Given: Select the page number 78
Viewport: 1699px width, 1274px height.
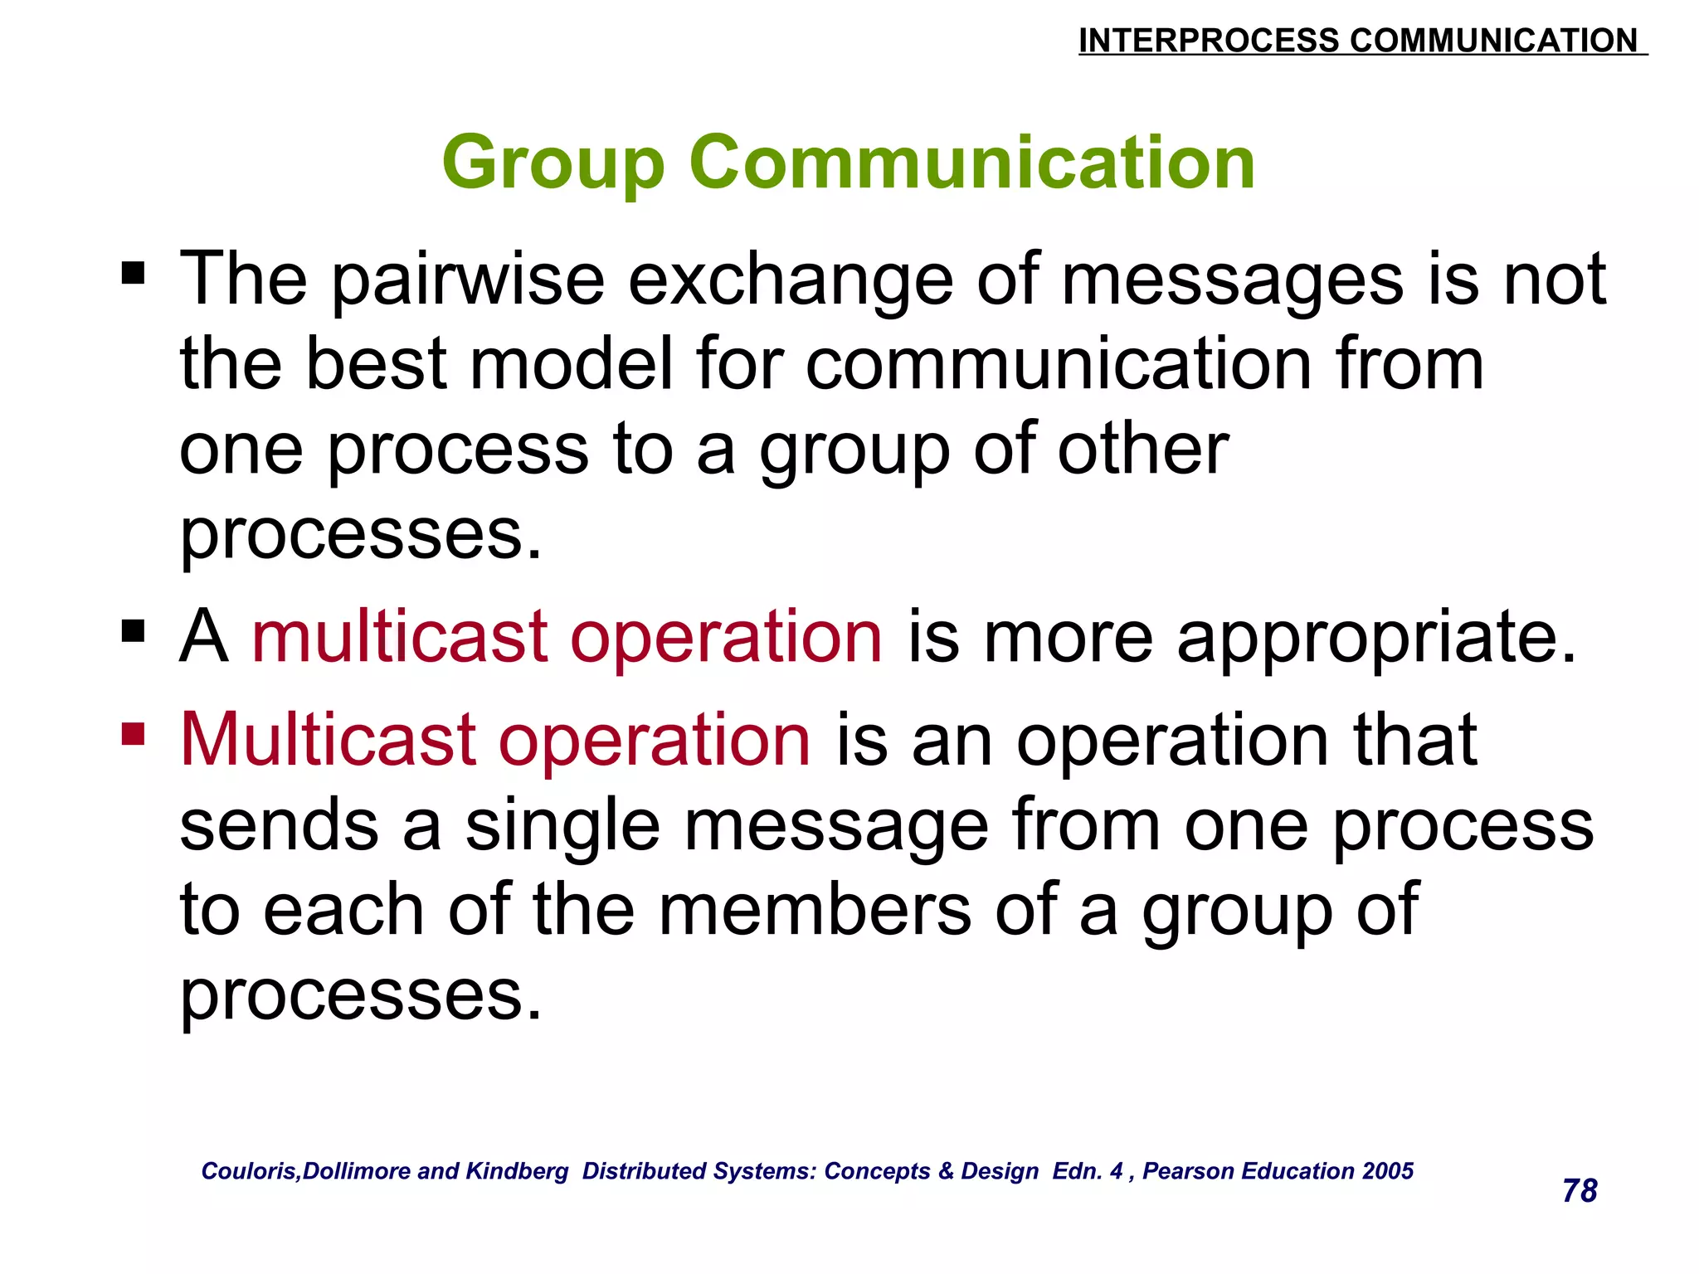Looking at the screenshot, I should [1579, 1191].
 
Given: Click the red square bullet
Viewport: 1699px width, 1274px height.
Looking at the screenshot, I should [133, 733].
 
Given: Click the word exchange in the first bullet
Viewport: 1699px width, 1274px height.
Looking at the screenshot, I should [791, 280].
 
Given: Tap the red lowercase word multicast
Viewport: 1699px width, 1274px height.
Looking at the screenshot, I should [399, 637].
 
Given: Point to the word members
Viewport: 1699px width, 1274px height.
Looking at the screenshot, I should [815, 910].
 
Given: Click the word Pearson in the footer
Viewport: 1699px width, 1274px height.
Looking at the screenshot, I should [1184, 1170].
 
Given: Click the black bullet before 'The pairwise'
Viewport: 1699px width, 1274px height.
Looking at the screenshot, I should [133, 272].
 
